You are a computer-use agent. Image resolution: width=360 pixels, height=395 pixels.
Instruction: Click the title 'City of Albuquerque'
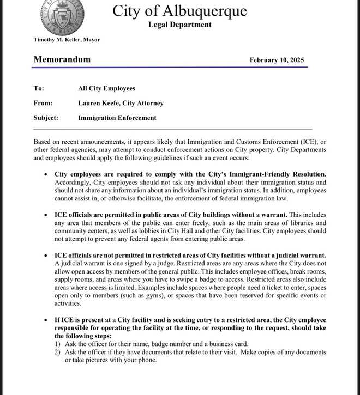click(179, 11)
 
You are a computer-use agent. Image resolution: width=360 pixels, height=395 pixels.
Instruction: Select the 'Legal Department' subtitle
click(179, 25)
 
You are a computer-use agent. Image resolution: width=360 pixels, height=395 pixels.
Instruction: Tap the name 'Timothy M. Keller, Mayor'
click(67, 40)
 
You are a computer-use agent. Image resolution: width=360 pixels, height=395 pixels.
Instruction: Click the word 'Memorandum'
click(62, 59)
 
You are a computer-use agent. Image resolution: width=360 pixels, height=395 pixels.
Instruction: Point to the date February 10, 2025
click(277, 60)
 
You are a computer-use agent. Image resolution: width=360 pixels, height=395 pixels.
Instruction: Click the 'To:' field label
click(39, 88)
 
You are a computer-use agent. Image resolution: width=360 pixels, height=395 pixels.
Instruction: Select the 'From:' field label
click(43, 103)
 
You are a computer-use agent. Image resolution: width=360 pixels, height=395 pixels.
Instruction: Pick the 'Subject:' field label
click(46, 118)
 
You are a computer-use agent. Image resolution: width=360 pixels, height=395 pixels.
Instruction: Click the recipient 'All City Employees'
click(106, 88)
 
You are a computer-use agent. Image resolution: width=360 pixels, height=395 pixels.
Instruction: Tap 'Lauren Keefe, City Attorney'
click(121, 103)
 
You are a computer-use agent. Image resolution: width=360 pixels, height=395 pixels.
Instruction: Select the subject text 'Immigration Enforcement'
click(117, 118)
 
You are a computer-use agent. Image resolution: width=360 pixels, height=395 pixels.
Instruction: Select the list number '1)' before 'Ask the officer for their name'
click(57, 344)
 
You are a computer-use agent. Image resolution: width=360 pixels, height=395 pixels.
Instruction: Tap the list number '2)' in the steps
click(57, 352)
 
